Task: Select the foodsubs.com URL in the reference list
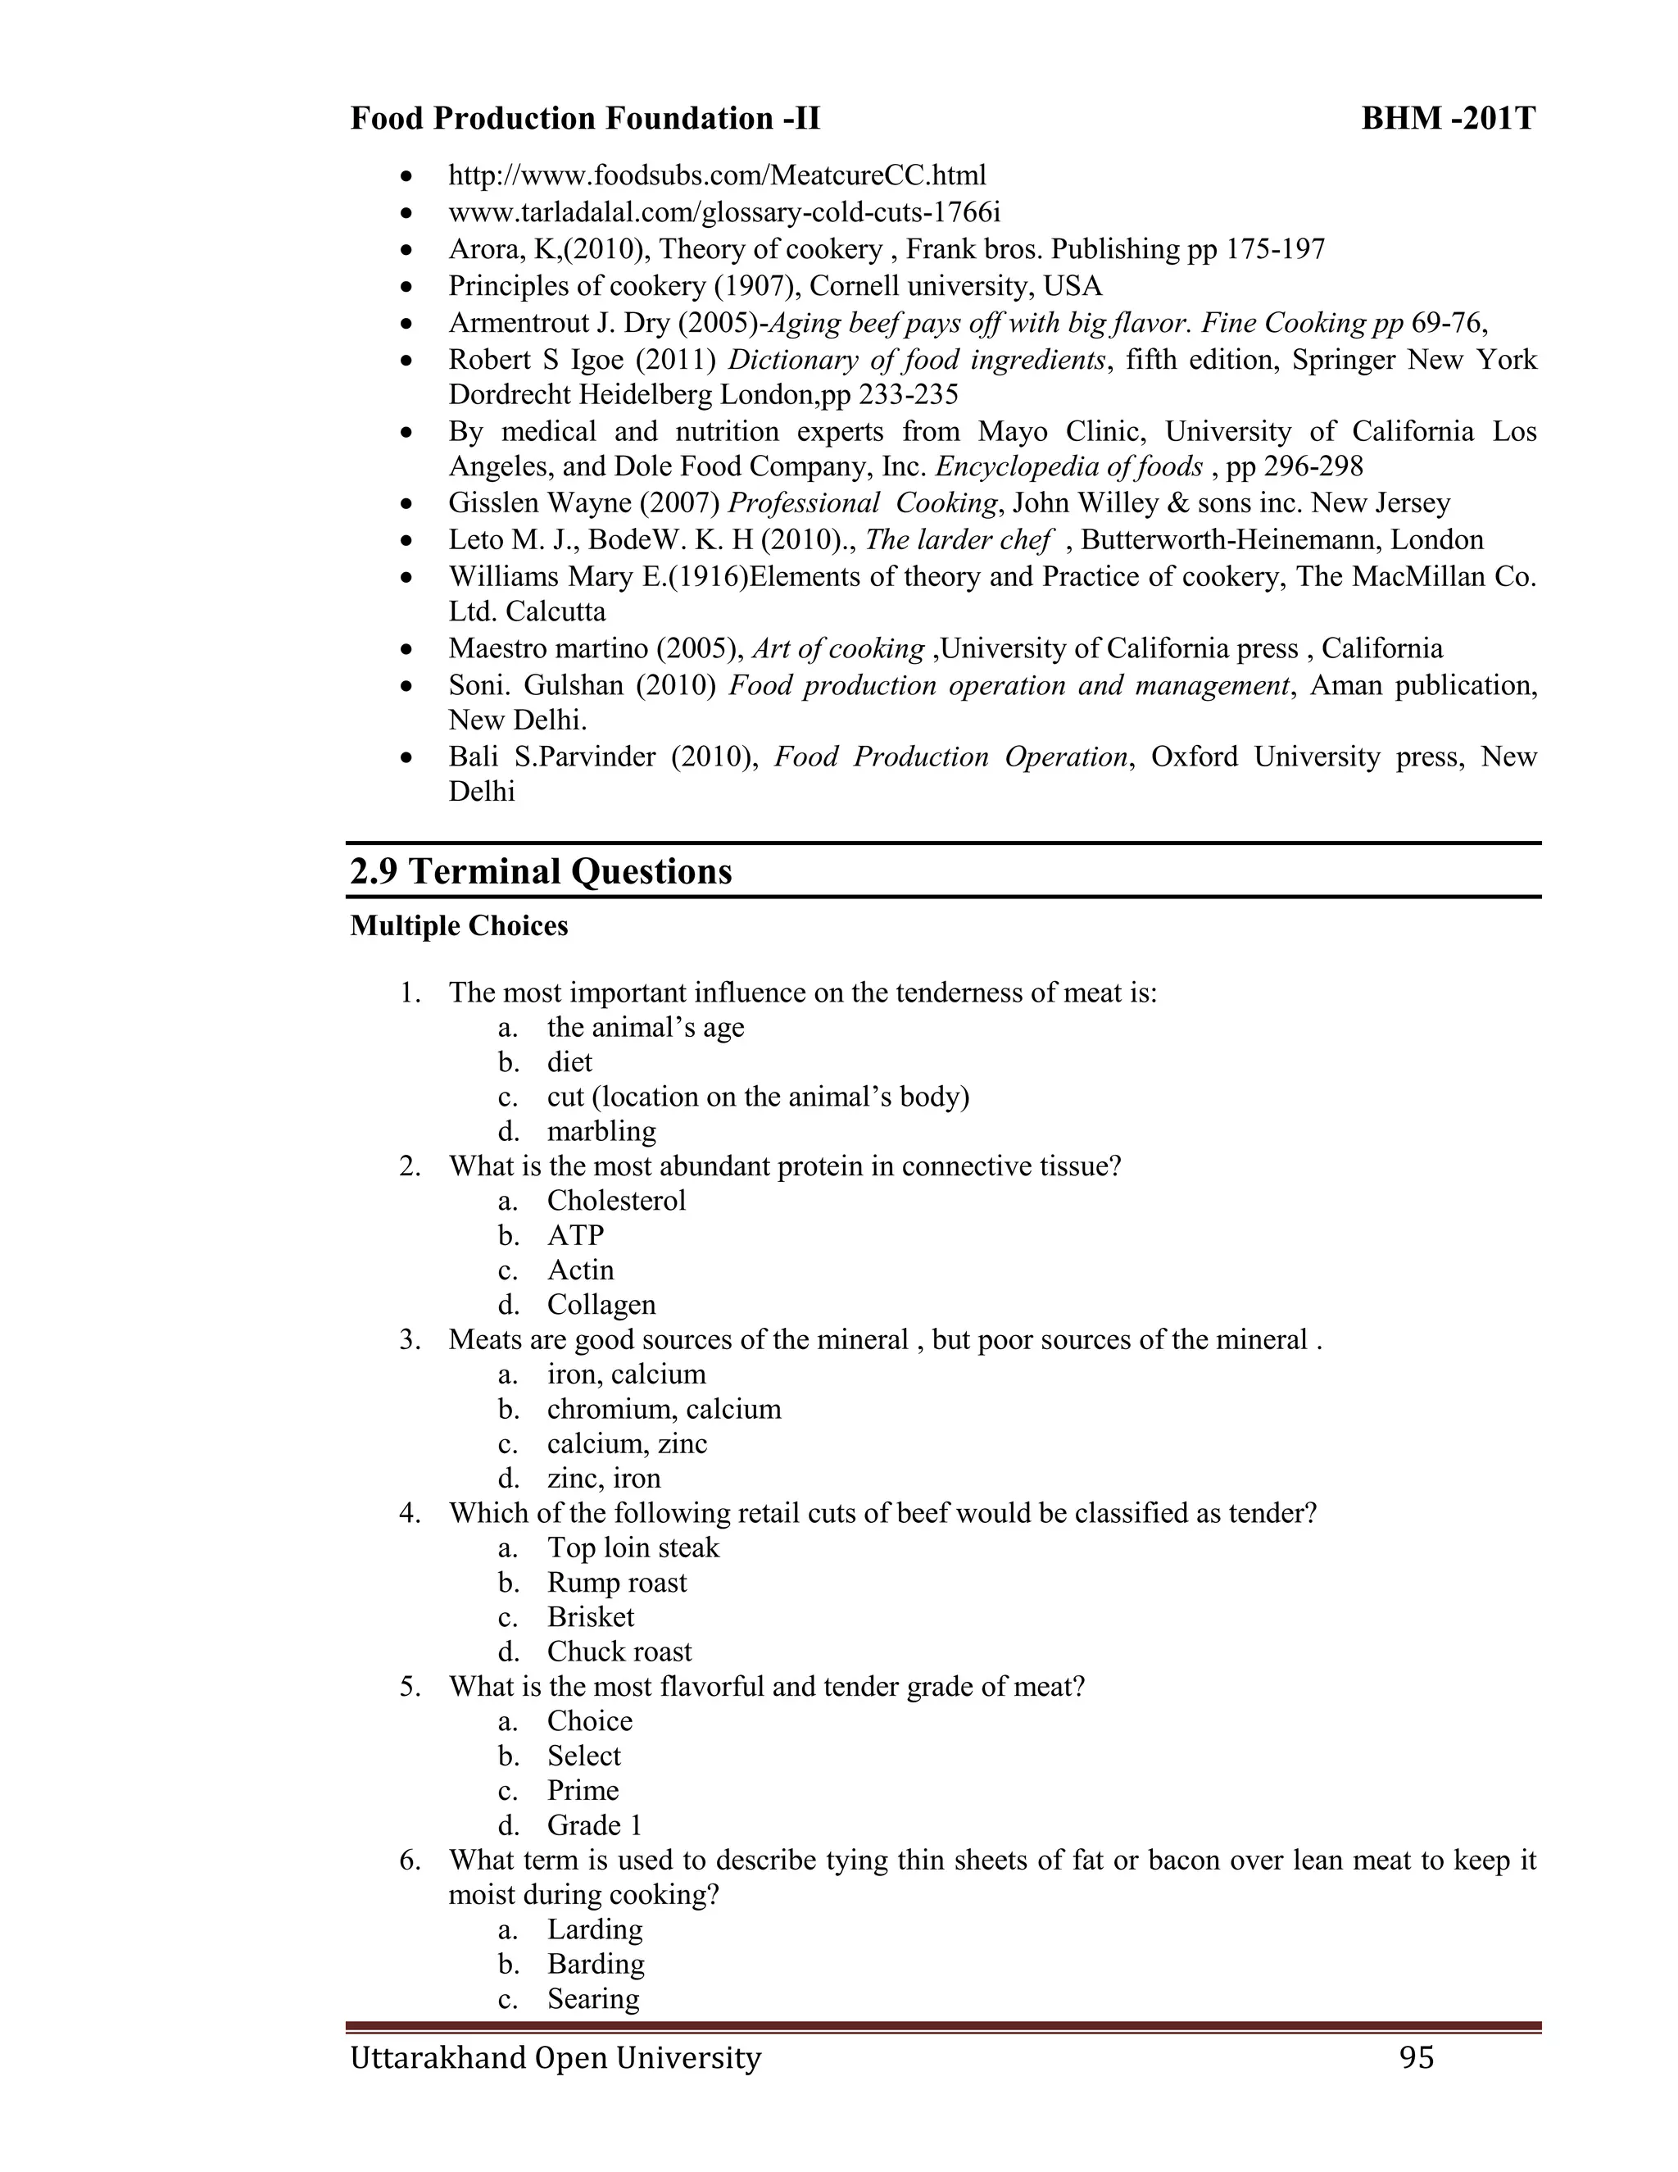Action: pyautogui.click(x=717, y=175)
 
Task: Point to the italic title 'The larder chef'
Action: pyautogui.click(x=957, y=540)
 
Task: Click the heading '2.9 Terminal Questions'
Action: pyautogui.click(x=541, y=871)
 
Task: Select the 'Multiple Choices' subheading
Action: pyautogui.click(x=460, y=926)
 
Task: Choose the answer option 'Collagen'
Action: pyautogui.click(x=601, y=1305)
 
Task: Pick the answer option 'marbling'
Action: pyautogui.click(x=601, y=1132)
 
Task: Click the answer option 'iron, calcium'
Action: pyautogui.click(x=626, y=1375)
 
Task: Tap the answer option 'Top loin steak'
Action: pyautogui.click(x=633, y=1547)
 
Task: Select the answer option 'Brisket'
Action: pyautogui.click(x=591, y=1617)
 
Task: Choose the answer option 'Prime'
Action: pyautogui.click(x=583, y=1790)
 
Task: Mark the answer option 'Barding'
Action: pyautogui.click(x=596, y=1963)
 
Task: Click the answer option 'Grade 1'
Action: pyautogui.click(x=595, y=1825)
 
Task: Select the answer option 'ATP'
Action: pyautogui.click(x=575, y=1235)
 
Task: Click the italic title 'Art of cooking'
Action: pyautogui.click(x=838, y=648)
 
